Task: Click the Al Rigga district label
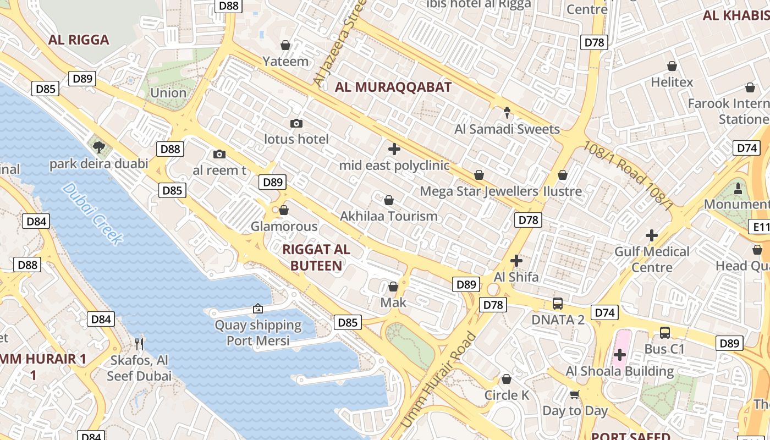pyautogui.click(x=79, y=40)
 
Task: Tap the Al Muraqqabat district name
pyautogui.click(x=393, y=87)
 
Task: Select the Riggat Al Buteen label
pyautogui.click(x=316, y=257)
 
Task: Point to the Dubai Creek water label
pyautogui.click(x=92, y=213)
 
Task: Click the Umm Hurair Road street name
pyautogui.click(x=438, y=380)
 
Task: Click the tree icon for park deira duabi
pyautogui.click(x=99, y=147)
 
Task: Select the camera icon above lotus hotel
pyautogui.click(x=296, y=123)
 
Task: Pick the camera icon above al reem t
pyautogui.click(x=219, y=154)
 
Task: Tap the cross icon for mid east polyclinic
pyautogui.click(x=394, y=149)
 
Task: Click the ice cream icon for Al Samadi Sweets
pyautogui.click(x=507, y=113)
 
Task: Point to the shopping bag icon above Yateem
pyautogui.click(x=285, y=45)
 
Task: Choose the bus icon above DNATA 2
pyautogui.click(x=558, y=303)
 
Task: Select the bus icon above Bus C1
pyautogui.click(x=664, y=332)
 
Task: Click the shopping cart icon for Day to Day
pyautogui.click(x=575, y=394)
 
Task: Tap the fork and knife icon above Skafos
pyautogui.click(x=139, y=344)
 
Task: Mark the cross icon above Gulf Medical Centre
pyautogui.click(x=652, y=235)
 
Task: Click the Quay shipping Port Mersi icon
pyautogui.click(x=258, y=309)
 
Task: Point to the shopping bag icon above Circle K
pyautogui.click(x=507, y=379)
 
